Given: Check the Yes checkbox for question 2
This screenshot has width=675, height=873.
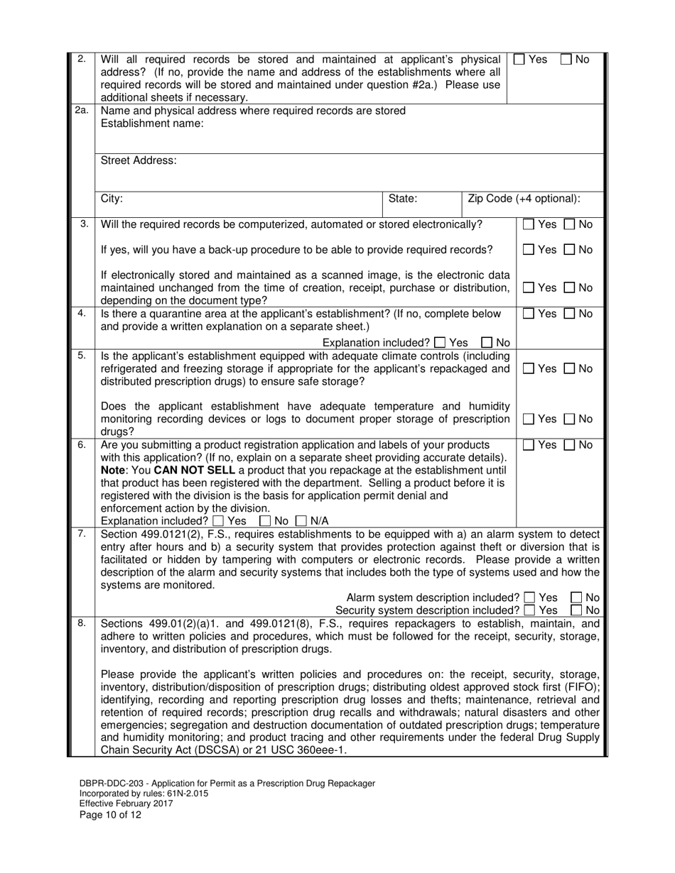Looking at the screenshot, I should click(x=519, y=60).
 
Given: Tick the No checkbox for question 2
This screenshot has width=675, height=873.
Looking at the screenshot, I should click(x=566, y=60).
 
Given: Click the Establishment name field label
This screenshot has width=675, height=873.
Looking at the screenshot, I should click(x=152, y=123).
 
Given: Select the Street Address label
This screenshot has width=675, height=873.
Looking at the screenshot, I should click(x=139, y=160).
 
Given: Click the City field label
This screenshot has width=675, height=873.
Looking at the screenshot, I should click(x=112, y=199).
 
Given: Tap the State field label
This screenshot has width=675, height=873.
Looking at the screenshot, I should click(x=403, y=199).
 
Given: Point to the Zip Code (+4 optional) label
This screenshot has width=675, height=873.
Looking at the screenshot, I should click(x=524, y=199).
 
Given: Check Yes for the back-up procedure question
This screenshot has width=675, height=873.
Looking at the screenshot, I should click(x=528, y=250).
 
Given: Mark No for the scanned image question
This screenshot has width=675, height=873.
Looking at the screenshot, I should click(x=570, y=288).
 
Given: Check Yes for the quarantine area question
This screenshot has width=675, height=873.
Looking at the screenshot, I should click(x=528, y=314).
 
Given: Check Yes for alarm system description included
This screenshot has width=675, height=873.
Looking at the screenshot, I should click(x=529, y=598).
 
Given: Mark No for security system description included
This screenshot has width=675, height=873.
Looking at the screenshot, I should click(x=576, y=610).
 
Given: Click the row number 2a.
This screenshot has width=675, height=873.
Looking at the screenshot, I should click(x=82, y=110).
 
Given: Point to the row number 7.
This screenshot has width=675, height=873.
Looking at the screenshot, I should click(x=82, y=533).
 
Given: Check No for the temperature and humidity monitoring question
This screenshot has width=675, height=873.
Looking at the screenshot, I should click(x=570, y=419).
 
